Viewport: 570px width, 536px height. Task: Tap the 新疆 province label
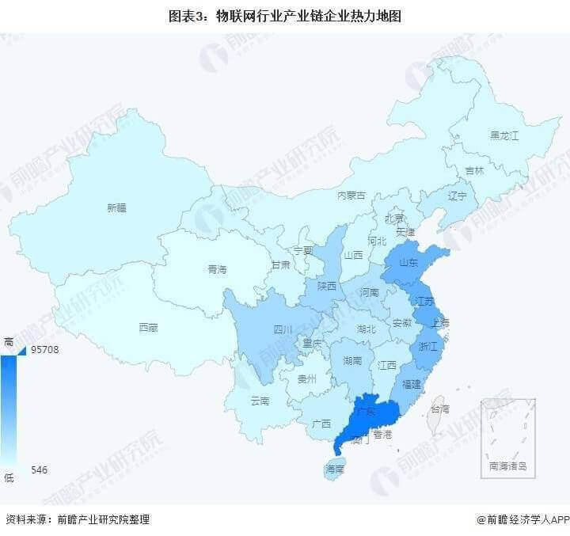click(116, 208)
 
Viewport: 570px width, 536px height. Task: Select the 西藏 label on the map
click(148, 326)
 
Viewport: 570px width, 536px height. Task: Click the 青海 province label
click(217, 269)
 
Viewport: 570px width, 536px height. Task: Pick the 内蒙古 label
click(351, 195)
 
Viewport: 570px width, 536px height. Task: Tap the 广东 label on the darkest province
click(365, 412)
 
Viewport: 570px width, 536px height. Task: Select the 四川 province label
click(283, 329)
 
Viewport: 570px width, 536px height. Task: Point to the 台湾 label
click(439, 409)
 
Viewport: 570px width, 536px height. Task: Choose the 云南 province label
click(260, 401)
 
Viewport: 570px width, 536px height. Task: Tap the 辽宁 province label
click(458, 196)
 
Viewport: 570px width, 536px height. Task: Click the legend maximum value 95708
click(47, 349)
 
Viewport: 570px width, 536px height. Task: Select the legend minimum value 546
click(40, 469)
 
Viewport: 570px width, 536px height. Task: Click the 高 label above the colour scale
click(9, 340)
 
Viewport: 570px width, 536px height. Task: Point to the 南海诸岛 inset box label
click(507, 466)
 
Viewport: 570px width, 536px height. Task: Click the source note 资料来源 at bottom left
click(78, 519)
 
